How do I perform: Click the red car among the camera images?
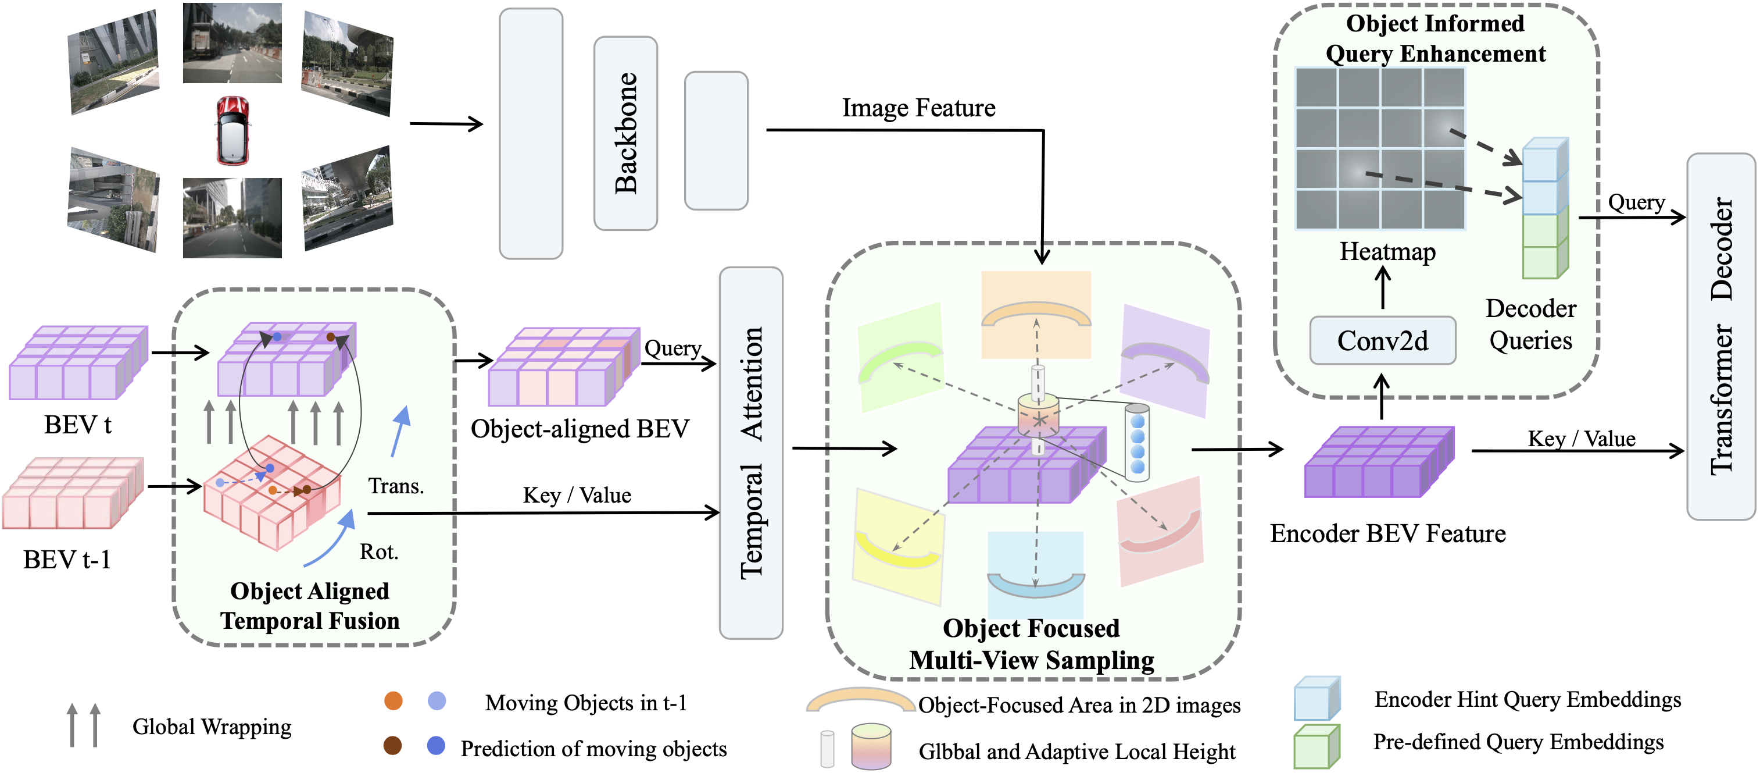tap(233, 130)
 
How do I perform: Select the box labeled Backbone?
tap(625, 133)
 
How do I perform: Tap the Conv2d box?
tap(1382, 340)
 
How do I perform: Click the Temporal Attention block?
tap(751, 453)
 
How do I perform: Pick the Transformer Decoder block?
tap(1720, 336)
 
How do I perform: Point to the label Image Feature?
tap(918, 108)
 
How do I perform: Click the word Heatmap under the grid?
tap(1387, 252)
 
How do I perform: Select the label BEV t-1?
tap(67, 559)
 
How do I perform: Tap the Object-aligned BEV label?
tap(580, 429)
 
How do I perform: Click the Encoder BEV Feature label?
tap(1387, 533)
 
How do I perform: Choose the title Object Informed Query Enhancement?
tap(1436, 38)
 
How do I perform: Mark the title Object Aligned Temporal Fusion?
tap(309, 606)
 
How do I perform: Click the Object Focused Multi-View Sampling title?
tap(1032, 644)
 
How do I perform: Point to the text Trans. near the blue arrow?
tap(396, 486)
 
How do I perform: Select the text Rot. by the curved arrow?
tap(379, 551)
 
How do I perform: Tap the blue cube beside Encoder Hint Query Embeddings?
tap(1317, 698)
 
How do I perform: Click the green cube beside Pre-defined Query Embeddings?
tap(1317, 746)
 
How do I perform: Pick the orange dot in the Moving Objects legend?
tap(394, 701)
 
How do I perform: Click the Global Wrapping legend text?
tap(212, 726)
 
